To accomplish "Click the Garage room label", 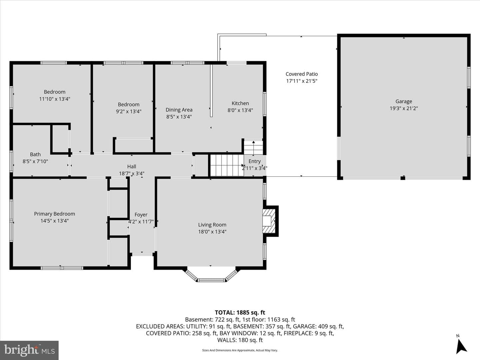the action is [x=404, y=101].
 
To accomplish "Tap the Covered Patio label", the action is [x=302, y=74].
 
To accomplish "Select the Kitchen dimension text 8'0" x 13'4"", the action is [x=240, y=110].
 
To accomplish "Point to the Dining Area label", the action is [x=179, y=110].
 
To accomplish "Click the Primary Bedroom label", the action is [x=54, y=214].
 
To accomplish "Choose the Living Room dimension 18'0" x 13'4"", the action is [x=212, y=232].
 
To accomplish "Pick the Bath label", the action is [x=35, y=154].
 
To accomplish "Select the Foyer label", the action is [x=141, y=215].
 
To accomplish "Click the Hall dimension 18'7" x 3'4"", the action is [x=132, y=174].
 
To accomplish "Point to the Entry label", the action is [x=255, y=161].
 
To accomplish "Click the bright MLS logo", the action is [x=29, y=350].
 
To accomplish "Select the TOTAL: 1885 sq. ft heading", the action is [x=240, y=313].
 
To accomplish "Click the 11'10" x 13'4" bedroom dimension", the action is [x=54, y=99].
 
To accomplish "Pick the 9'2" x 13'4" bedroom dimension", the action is [x=129, y=111].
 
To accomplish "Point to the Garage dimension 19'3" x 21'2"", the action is [x=404, y=108].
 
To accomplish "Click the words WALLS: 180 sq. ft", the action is [x=240, y=340].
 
